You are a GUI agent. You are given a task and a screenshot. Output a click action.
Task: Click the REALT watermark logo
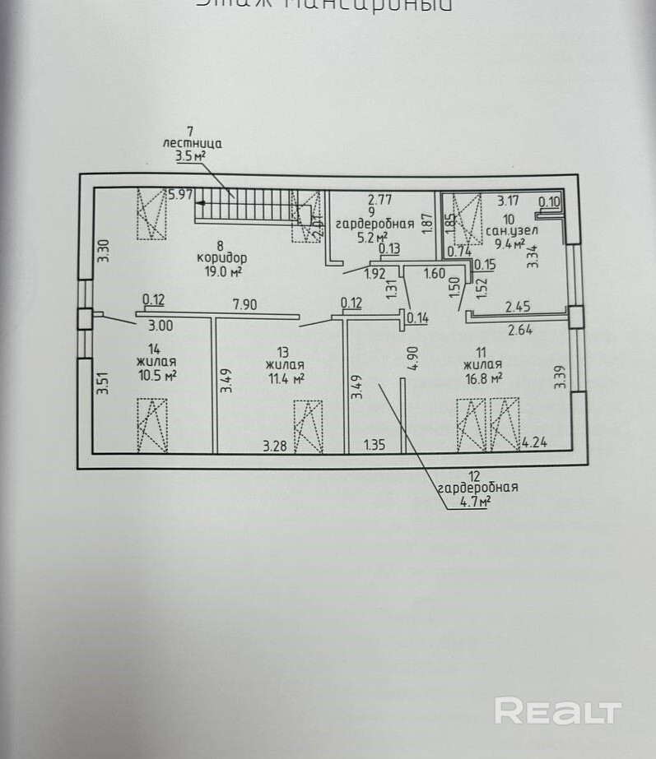click(x=557, y=710)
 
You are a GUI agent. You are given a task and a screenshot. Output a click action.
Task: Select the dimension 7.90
click(x=244, y=305)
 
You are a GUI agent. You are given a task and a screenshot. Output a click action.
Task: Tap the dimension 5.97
click(x=179, y=195)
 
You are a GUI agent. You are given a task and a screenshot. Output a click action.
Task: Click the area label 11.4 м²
click(x=286, y=378)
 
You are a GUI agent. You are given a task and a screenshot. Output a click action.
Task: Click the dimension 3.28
click(x=276, y=447)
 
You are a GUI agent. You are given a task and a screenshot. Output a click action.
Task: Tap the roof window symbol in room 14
click(x=152, y=424)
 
